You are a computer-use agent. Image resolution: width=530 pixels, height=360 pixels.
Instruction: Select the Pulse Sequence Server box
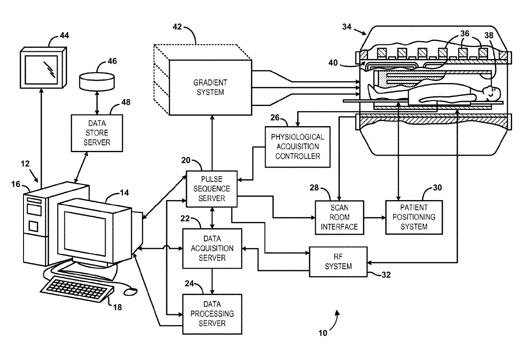[x=212, y=188]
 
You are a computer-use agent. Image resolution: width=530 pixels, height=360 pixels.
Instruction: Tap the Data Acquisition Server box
[x=212, y=248]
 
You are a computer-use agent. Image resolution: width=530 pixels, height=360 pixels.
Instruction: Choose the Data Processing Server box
[x=212, y=313]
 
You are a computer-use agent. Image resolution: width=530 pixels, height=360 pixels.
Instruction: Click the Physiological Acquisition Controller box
[x=297, y=147]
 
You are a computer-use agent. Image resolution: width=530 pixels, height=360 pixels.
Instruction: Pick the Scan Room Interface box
[x=339, y=217]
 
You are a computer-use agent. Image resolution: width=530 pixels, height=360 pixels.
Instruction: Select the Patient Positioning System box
[x=414, y=217]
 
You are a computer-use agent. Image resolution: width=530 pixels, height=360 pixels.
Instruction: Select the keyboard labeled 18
[x=77, y=289]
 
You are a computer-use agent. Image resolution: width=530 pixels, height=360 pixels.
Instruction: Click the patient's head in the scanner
[x=492, y=92]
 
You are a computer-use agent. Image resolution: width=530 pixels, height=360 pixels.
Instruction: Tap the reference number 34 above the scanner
[x=347, y=27]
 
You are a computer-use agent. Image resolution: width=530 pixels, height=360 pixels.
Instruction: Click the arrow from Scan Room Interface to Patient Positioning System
[x=374, y=217]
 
